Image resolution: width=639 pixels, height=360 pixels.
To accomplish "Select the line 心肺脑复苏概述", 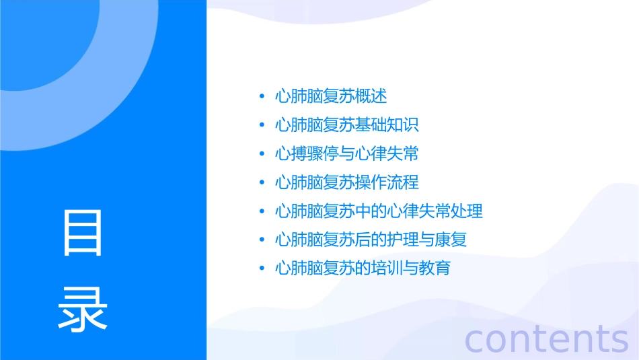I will (x=331, y=96).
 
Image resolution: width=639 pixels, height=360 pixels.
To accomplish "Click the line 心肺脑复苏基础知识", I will (x=347, y=125).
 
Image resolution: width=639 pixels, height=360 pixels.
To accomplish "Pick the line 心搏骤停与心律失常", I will (x=347, y=154).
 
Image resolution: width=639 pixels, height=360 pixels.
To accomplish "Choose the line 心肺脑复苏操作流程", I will (x=347, y=182).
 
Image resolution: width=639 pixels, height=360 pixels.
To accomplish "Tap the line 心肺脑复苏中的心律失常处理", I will (x=379, y=211).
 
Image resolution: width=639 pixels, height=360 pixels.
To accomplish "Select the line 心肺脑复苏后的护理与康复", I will (x=371, y=240).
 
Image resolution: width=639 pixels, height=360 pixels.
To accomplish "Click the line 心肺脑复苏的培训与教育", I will (x=363, y=268).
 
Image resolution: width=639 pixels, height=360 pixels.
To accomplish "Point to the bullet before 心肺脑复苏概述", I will (x=262, y=97).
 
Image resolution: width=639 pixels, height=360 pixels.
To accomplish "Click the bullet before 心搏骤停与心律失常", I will (x=262, y=154).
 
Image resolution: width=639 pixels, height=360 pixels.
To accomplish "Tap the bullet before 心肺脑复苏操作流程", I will (x=262, y=183).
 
